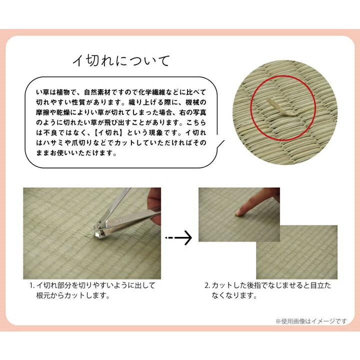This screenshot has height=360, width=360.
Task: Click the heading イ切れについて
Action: pyautogui.click(x=121, y=60)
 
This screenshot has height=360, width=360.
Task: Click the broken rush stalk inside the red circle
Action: pyautogui.click(x=276, y=105)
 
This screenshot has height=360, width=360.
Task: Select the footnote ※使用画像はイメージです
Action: pyautogui.click(x=310, y=321)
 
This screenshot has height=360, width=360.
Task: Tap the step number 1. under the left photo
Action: pyautogui.click(x=31, y=286)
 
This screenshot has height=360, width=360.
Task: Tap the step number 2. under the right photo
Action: pyautogui.click(x=206, y=286)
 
